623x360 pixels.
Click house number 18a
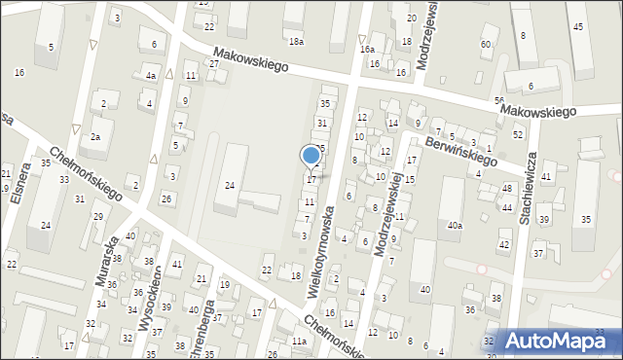(x=296, y=42)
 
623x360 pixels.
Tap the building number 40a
(x=455, y=226)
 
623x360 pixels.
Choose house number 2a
(x=95, y=137)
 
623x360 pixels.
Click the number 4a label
(x=150, y=76)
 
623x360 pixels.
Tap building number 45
(x=578, y=26)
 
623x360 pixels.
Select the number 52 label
(x=518, y=134)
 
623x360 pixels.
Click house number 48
(x=507, y=188)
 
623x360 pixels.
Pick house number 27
(x=214, y=64)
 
